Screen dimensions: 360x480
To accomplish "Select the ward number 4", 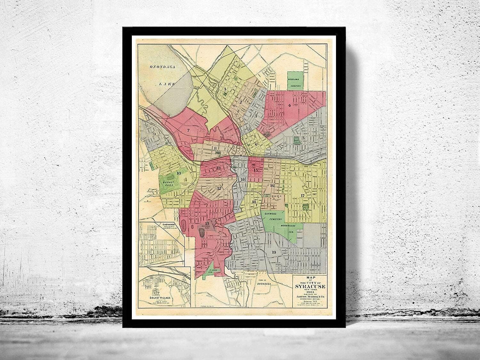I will point(289,105).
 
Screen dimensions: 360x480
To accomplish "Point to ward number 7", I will point(188,130).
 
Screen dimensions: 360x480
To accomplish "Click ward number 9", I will point(154,134).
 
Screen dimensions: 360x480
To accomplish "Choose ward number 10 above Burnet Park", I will point(179,173).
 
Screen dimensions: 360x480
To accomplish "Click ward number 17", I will point(302,195).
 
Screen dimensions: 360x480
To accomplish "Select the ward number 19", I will point(274,252).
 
